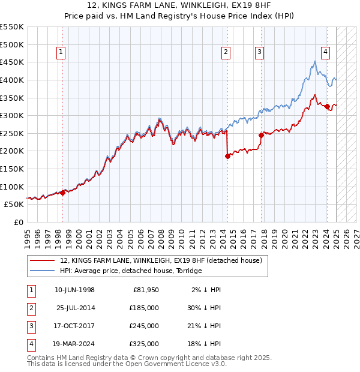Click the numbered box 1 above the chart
tap(62, 53)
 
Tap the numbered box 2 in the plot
tap(226, 53)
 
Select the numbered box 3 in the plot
tap(260, 53)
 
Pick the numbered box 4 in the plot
tap(325, 53)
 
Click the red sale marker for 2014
tap(227, 156)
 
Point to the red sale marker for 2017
tap(261, 135)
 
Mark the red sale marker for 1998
tap(62, 193)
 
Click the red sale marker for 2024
tap(327, 107)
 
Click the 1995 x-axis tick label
tap(27, 236)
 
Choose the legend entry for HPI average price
tap(131, 271)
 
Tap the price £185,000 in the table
tap(144, 308)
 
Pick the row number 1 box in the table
tap(30, 290)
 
